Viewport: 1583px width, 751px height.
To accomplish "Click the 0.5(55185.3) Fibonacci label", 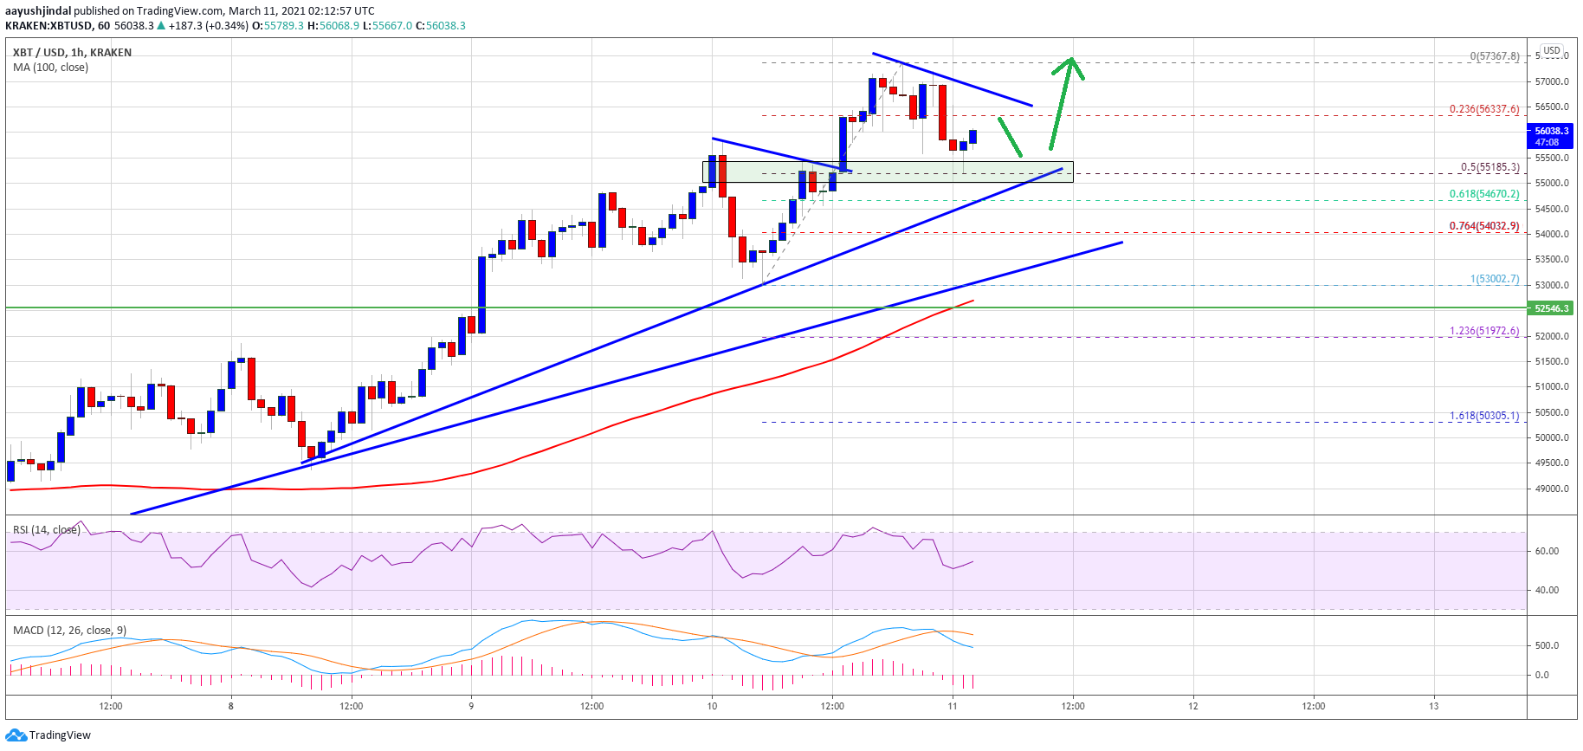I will tap(1489, 167).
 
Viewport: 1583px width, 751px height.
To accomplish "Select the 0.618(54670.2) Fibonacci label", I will tap(1484, 194).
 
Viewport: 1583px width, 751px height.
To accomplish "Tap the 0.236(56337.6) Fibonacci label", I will tap(1484, 109).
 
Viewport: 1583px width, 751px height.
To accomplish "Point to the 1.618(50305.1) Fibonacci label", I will tap(1484, 416).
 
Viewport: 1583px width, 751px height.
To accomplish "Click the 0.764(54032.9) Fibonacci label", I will tap(1484, 226).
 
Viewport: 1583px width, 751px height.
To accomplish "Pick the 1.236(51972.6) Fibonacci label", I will tap(1484, 331).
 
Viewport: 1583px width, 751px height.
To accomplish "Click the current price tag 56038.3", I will tap(1551, 132).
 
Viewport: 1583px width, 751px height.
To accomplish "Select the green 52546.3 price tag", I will tap(1552, 308).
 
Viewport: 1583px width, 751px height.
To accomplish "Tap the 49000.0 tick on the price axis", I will tap(1552, 489).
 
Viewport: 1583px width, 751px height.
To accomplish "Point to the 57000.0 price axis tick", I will tap(1552, 82).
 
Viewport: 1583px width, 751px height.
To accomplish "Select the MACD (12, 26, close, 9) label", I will tap(69, 631).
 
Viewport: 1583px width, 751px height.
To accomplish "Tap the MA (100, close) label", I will tap(50, 68).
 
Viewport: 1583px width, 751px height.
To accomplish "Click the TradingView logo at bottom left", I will tap(48, 735).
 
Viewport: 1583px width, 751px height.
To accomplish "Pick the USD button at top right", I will tap(1552, 51).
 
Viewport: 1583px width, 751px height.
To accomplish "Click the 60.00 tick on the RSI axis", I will tap(1547, 551).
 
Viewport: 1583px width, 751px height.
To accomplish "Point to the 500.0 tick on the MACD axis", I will tap(1547, 645).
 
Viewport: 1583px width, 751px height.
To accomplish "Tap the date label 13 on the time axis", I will tap(1434, 706).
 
